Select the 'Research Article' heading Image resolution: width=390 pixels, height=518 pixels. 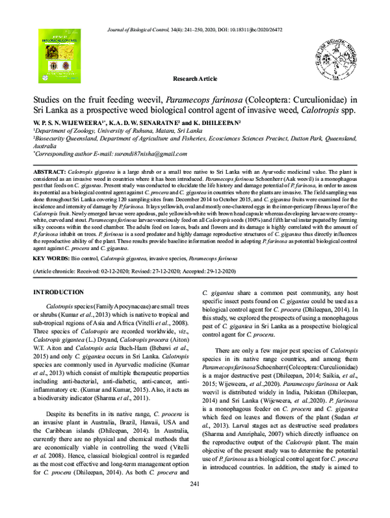tap(194, 79)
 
